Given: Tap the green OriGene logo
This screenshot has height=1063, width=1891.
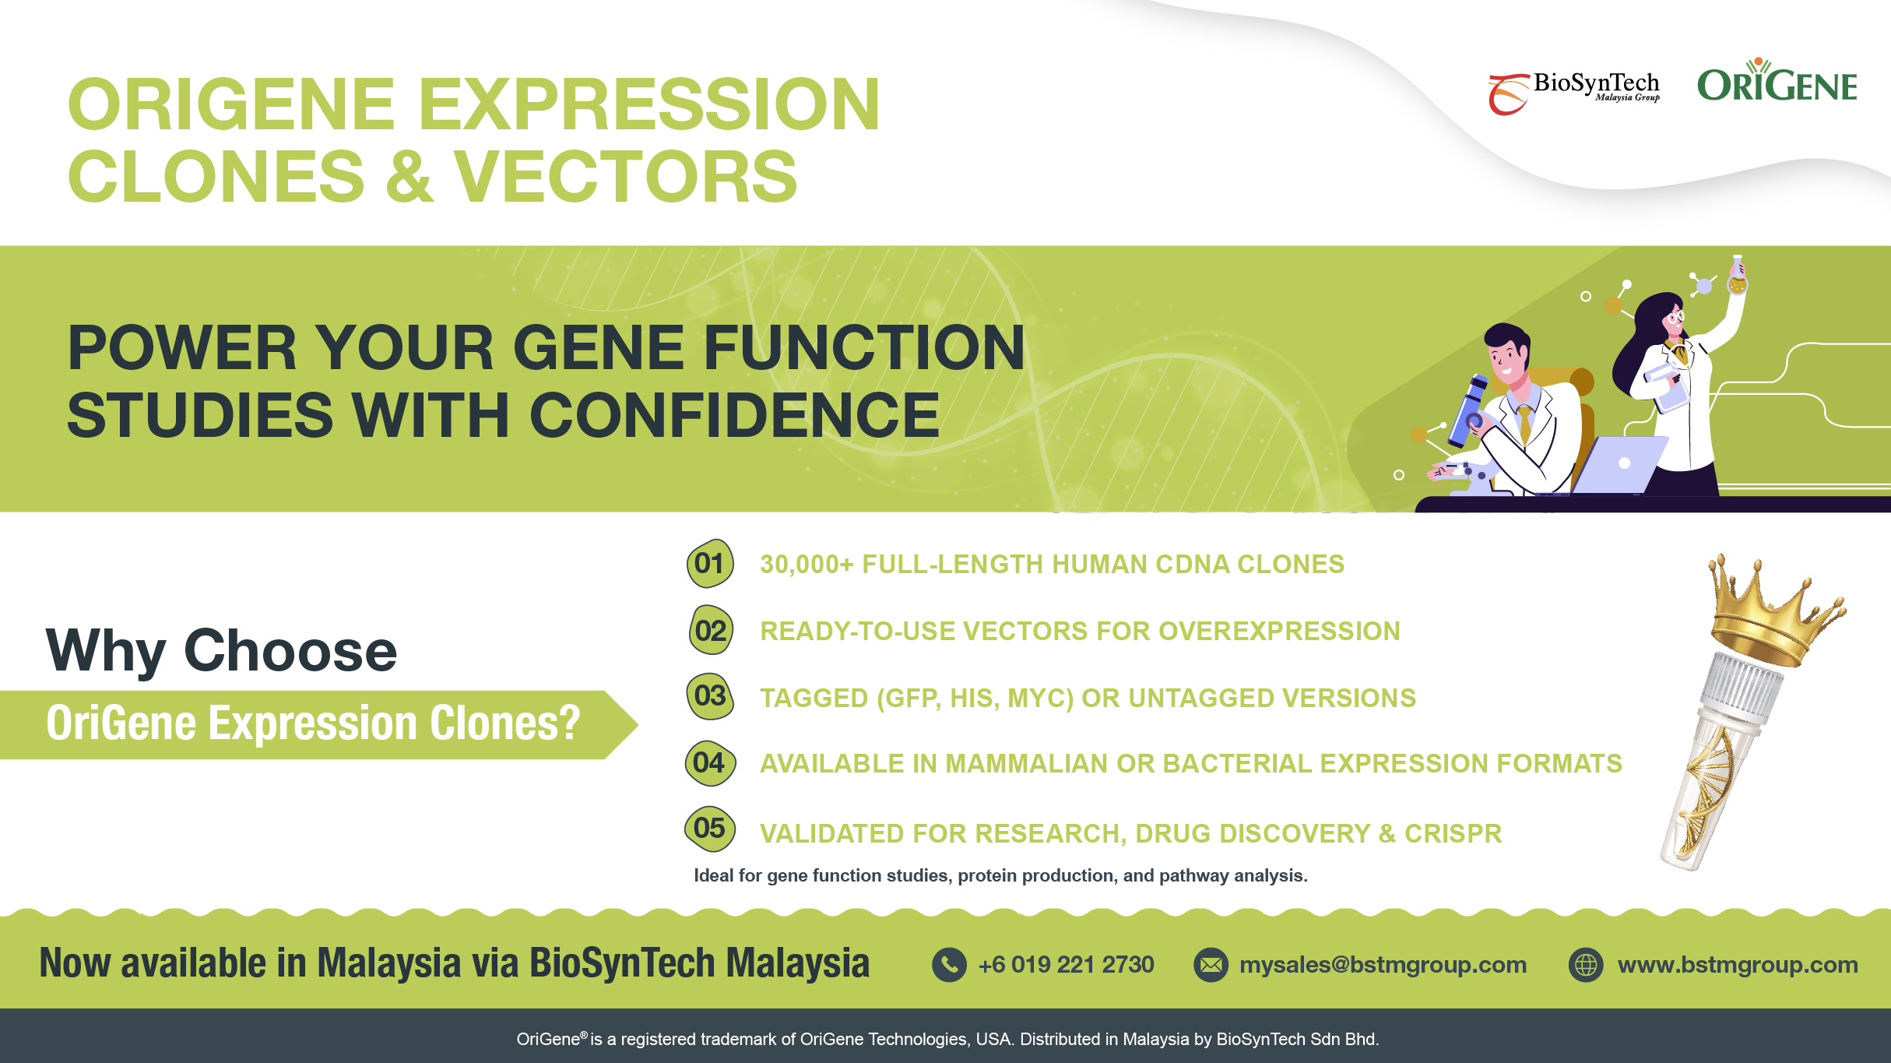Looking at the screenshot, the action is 1777,80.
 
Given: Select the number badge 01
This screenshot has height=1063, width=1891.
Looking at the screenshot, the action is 710,563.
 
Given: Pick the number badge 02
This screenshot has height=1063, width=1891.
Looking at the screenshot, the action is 711,630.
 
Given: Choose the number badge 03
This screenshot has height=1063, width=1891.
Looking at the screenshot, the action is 710,696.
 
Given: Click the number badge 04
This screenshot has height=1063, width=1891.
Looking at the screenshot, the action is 709,762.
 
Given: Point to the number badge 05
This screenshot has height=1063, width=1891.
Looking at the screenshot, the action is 709,828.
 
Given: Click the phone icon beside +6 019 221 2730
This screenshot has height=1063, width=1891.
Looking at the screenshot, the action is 949,965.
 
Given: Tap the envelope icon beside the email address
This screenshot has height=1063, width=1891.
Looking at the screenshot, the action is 1211,965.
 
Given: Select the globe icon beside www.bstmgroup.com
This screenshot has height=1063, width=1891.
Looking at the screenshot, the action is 1586,965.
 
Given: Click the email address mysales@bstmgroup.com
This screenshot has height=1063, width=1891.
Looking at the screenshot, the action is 1383,965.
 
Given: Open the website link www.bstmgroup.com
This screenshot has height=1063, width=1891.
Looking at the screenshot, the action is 1738,965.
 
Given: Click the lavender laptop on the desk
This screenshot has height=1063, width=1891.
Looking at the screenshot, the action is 1619,464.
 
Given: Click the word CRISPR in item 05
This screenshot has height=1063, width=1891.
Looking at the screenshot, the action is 1453,833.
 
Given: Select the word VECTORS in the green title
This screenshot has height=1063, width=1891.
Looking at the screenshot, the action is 626,177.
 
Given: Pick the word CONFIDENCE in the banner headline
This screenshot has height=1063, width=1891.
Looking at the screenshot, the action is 734,415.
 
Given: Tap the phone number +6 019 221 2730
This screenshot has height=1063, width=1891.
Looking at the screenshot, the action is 1066,965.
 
